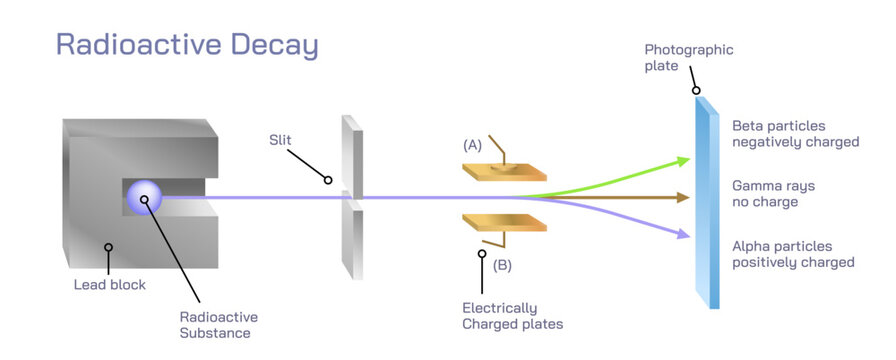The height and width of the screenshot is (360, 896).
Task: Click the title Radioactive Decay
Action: (x=187, y=45)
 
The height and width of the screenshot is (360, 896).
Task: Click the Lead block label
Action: (x=110, y=285)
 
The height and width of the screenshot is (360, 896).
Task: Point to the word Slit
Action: (x=280, y=140)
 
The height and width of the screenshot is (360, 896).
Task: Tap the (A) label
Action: (x=472, y=145)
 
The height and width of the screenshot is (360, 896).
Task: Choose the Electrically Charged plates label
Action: (x=512, y=315)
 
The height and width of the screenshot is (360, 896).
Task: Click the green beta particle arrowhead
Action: (x=684, y=159)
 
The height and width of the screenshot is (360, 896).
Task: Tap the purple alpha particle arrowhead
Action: (x=684, y=235)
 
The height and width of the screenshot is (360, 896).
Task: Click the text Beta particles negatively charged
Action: (x=795, y=134)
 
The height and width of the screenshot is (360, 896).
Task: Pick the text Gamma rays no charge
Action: (x=778, y=194)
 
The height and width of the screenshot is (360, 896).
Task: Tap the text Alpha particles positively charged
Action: (x=793, y=254)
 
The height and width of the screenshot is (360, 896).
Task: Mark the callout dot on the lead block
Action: (x=108, y=246)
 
